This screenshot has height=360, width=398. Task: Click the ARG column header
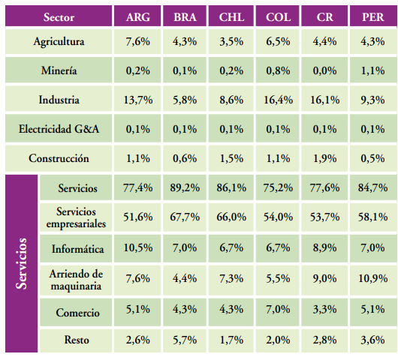(x=138, y=16)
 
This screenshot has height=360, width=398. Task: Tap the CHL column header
(x=231, y=16)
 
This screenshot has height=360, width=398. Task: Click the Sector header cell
(x=59, y=16)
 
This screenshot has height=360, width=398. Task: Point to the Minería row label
(x=59, y=71)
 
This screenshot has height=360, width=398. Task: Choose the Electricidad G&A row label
(x=59, y=129)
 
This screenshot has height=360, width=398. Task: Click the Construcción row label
(x=59, y=158)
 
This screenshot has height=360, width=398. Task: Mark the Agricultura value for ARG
(x=138, y=42)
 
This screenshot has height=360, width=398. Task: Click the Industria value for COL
(x=279, y=100)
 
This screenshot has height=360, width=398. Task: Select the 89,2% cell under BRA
(x=185, y=187)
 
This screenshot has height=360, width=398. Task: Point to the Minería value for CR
(x=325, y=71)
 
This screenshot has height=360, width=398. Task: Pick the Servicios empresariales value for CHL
(x=231, y=217)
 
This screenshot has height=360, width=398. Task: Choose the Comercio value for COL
(x=279, y=309)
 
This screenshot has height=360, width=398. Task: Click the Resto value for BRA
(x=185, y=340)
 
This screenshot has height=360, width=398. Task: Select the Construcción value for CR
(x=325, y=158)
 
